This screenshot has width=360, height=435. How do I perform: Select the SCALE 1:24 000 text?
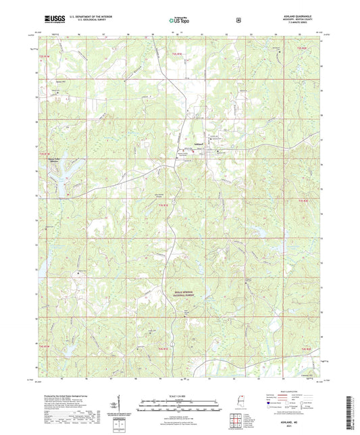[179, 396]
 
